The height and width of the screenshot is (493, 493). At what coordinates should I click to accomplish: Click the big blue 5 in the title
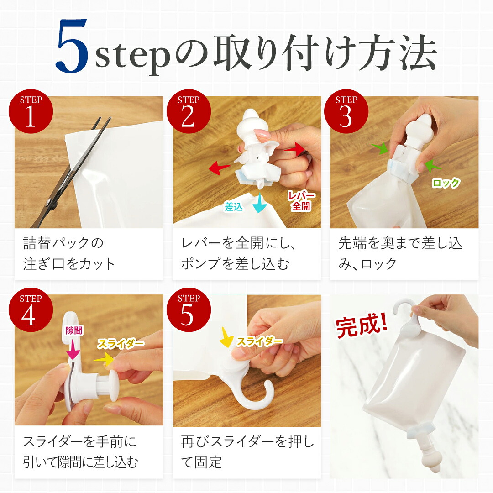(x=72, y=46)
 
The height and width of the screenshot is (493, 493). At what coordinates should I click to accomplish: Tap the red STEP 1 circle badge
(x=31, y=112)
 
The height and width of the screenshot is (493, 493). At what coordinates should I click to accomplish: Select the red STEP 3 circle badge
(x=346, y=112)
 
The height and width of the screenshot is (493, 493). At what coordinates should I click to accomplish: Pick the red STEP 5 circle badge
(x=189, y=310)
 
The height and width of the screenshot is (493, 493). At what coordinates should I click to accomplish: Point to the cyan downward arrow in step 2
(x=260, y=203)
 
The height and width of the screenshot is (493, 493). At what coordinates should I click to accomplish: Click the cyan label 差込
(x=234, y=207)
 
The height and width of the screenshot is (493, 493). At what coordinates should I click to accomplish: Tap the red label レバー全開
(x=301, y=201)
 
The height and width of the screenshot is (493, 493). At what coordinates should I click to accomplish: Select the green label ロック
(x=446, y=183)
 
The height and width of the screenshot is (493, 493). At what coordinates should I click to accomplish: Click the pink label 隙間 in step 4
(x=73, y=330)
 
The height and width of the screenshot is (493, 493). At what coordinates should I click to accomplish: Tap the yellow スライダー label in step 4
(x=121, y=344)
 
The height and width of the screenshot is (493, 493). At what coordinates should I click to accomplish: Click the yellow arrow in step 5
(x=226, y=337)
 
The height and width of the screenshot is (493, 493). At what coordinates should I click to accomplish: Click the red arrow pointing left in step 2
(x=220, y=168)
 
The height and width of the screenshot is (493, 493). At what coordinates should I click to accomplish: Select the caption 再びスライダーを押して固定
(x=247, y=451)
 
